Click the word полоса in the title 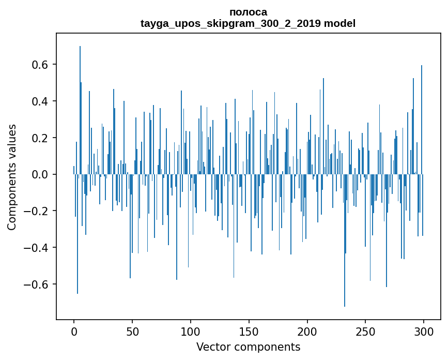[x=248, y=12]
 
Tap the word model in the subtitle [x=340, y=23]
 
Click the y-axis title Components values [x=12, y=177]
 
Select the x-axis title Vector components [x=248, y=347]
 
